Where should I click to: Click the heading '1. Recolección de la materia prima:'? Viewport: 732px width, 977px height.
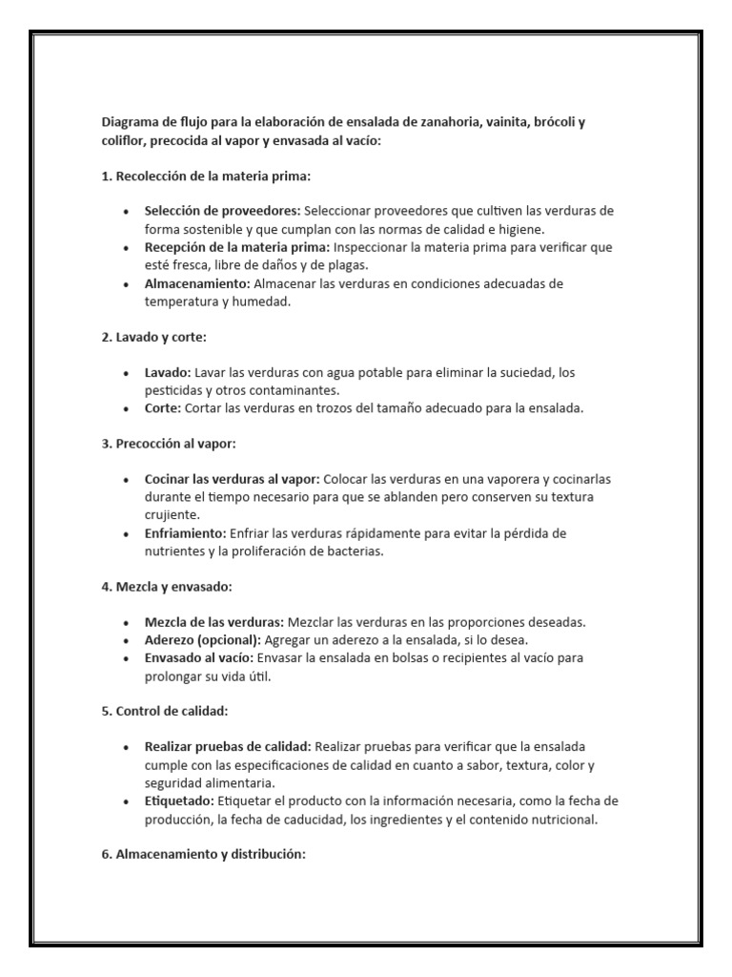[x=206, y=177]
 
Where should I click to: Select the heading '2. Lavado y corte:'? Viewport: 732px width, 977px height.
[x=153, y=338]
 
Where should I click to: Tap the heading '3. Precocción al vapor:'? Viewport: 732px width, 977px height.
[x=169, y=444]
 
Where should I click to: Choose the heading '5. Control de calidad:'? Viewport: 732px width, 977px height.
[x=164, y=711]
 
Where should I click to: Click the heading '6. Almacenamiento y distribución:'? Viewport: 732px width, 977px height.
[x=203, y=854]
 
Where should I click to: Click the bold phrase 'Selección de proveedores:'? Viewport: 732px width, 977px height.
[x=222, y=211]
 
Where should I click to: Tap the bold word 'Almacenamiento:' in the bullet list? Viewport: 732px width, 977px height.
[x=196, y=283]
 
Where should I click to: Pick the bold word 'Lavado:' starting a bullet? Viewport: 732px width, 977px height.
[x=167, y=372]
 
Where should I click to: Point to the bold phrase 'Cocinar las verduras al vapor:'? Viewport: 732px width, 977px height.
[x=233, y=479]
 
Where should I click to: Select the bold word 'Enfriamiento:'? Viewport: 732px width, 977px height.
[x=185, y=533]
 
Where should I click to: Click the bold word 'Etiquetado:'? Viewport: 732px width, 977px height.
[x=180, y=800]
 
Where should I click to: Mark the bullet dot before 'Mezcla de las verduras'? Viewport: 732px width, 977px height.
[x=127, y=622]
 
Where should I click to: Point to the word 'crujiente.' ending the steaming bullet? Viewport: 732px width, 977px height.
[x=172, y=515]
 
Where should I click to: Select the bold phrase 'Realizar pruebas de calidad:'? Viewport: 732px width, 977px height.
[x=227, y=746]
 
